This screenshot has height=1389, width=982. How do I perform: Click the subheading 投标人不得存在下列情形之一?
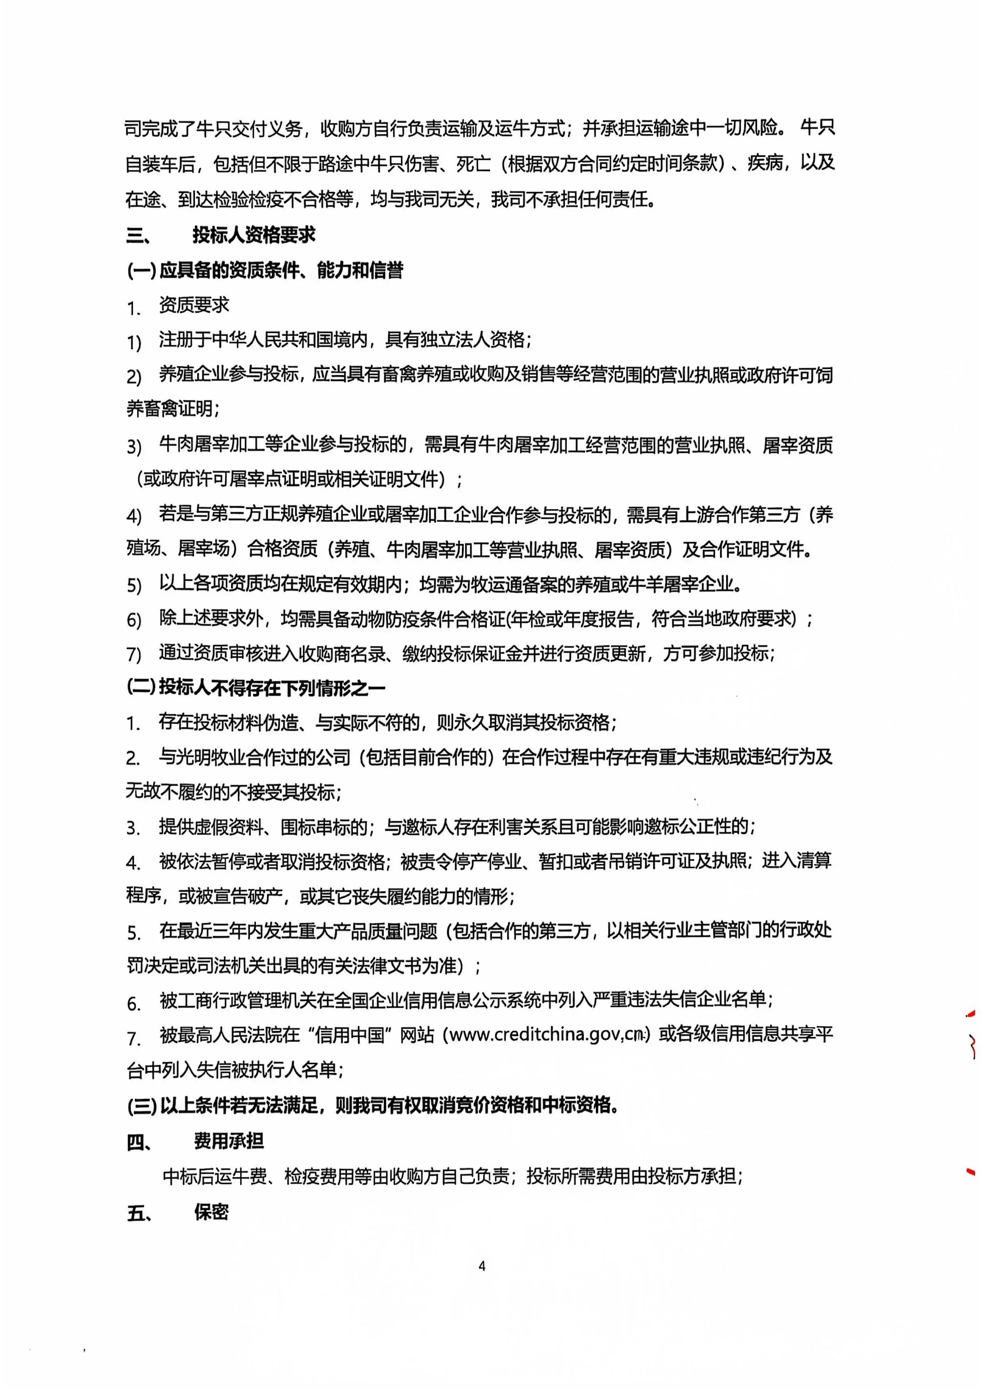(x=272, y=688)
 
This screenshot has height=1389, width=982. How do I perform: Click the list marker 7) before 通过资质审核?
(x=134, y=655)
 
